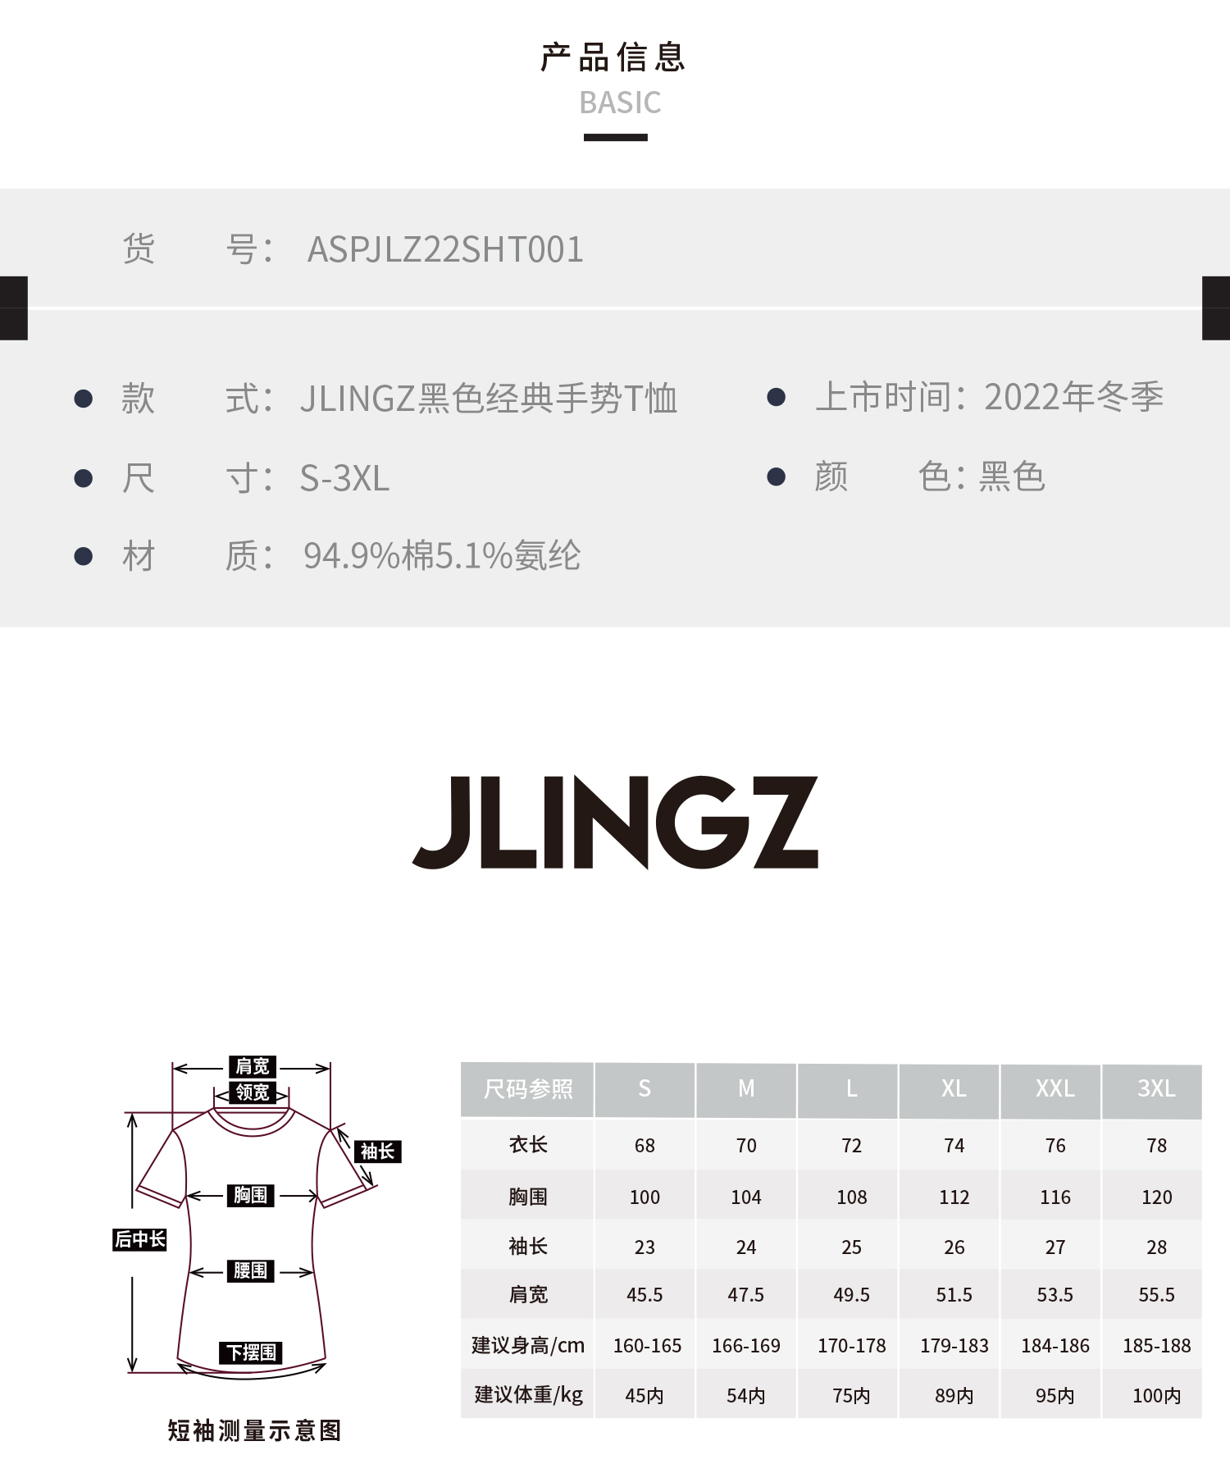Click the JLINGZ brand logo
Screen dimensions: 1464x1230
coord(615,822)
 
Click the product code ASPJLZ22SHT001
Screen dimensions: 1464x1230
coord(445,249)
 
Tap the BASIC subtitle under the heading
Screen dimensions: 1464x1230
coord(620,103)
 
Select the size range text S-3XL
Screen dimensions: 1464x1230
coord(344,479)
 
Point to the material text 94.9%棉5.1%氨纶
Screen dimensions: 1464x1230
coord(442,556)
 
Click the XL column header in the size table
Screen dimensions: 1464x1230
coord(954,1089)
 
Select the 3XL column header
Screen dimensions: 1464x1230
coord(1156,1089)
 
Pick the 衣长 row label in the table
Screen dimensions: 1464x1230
coord(528,1145)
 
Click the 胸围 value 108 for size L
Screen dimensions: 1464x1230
coord(851,1197)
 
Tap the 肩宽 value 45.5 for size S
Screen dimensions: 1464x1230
coord(645,1295)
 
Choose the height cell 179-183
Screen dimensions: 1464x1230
coord(954,1346)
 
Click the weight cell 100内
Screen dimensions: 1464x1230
coord(1156,1396)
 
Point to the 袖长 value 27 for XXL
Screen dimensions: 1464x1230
coord(1055,1247)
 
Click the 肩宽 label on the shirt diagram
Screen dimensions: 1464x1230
coord(253,1066)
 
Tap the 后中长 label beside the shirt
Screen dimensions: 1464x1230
coord(140,1239)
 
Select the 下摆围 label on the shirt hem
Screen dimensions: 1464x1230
coord(251,1352)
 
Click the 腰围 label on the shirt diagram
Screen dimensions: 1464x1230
coord(250,1271)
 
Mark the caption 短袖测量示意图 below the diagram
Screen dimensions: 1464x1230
coord(254,1431)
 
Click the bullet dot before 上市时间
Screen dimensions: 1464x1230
coord(776,398)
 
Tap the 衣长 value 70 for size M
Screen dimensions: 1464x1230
coord(746,1146)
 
